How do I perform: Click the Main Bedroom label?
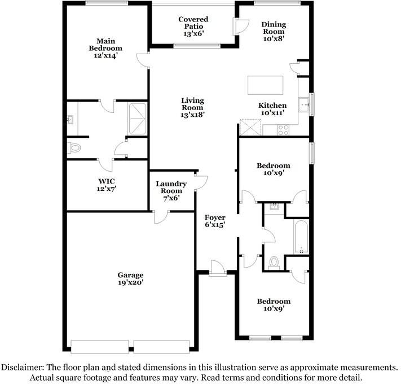(105, 45)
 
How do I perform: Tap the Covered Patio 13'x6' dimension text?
(193, 33)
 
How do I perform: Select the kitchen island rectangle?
(265, 85)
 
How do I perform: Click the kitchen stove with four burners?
(283, 130)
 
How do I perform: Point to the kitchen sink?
(305, 104)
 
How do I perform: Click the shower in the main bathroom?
(138, 119)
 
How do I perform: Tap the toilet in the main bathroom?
(74, 148)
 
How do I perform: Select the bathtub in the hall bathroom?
(301, 237)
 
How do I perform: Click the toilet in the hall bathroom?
(274, 263)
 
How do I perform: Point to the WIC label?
(107, 181)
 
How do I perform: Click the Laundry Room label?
(171, 187)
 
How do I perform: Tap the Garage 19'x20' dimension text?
(130, 282)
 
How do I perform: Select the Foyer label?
(215, 217)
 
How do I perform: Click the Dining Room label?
(274, 28)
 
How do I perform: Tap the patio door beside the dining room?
(240, 27)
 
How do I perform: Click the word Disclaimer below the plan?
(21, 368)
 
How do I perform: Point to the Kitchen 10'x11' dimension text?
(272, 112)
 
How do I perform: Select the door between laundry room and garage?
(161, 217)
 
